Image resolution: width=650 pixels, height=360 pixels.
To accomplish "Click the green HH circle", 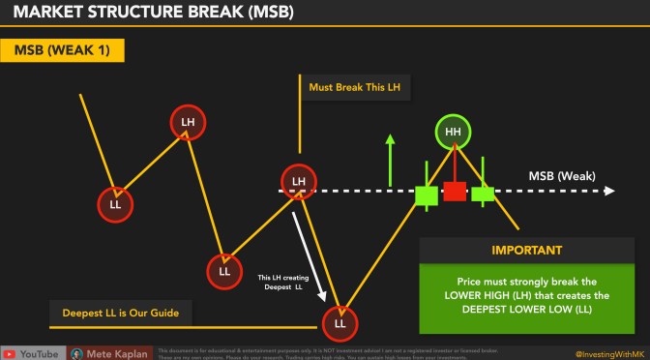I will coord(452,133).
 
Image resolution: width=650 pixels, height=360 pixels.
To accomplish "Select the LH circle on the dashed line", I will coord(299,181).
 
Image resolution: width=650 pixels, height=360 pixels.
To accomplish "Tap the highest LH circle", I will coord(189,122).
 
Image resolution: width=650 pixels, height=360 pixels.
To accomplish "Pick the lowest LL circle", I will coord(340,322).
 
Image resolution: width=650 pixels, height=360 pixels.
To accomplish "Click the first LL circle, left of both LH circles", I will coord(115,204).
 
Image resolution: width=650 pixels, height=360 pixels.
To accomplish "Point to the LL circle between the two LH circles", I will coord(224,271).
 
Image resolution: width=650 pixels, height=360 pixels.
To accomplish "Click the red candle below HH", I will coord(454,190).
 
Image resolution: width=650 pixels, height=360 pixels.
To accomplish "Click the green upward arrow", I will coord(390,160).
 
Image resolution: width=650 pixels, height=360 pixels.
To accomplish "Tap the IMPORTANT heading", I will coord(526,250).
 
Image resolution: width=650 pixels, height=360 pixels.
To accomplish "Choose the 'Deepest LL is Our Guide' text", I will coord(113,312).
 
